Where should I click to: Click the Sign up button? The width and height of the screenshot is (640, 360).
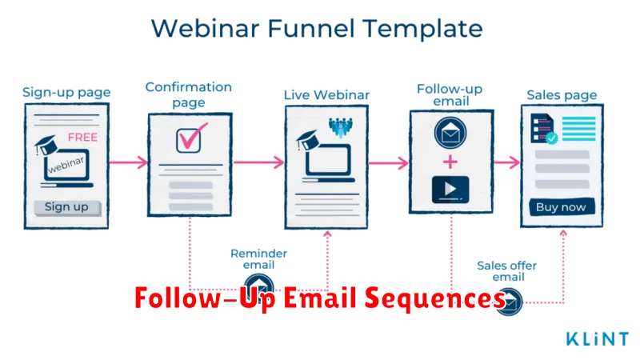tap(67, 207)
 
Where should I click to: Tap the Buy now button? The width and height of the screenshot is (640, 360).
tap(562, 207)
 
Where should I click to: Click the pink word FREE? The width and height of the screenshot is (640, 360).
tap(83, 137)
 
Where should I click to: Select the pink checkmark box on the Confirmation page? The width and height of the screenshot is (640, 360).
tap(191, 138)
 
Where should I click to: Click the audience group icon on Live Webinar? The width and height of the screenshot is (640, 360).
tap(341, 127)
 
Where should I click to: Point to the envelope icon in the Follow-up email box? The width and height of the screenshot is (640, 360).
tap(450, 133)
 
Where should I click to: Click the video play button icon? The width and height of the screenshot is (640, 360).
tap(450, 190)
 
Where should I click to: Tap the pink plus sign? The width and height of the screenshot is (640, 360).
tap(450, 162)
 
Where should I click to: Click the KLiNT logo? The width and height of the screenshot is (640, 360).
tap(597, 338)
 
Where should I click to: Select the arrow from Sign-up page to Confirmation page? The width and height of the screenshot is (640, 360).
tap(129, 162)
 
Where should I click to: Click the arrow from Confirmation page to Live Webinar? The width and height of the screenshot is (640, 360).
tap(258, 162)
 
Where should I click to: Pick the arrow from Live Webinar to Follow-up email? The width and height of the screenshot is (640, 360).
tap(388, 163)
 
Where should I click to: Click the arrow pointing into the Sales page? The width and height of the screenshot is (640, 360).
tap(507, 163)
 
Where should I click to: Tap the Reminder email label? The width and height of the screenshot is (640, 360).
tap(258, 259)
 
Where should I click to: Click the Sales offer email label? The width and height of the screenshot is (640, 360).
tap(507, 271)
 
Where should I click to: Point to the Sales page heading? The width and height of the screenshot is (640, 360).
tap(562, 95)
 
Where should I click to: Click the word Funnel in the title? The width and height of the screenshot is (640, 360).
tap(311, 29)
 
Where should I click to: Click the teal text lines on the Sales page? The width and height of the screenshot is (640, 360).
tap(578, 129)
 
